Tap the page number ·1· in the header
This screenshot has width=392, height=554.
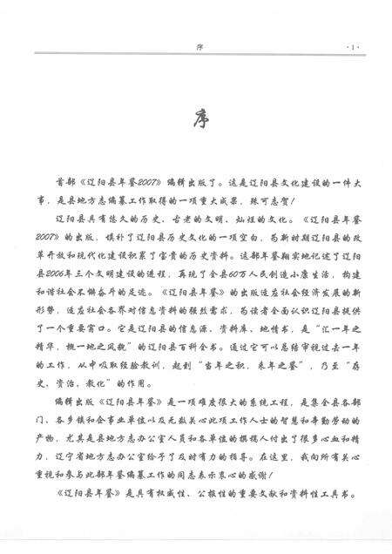coord(351,43)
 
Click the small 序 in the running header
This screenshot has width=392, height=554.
coord(199,43)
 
